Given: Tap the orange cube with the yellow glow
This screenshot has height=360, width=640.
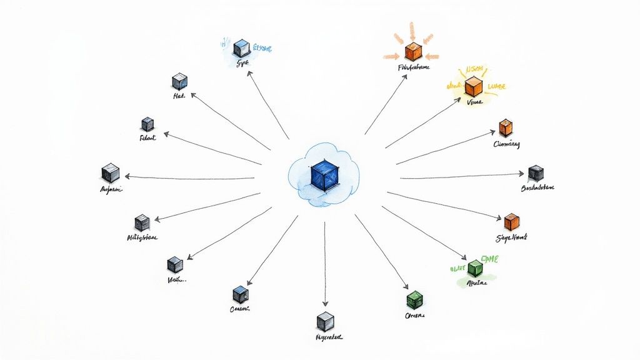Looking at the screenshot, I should (474, 86).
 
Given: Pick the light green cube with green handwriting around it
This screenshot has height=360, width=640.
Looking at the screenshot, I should (475, 267).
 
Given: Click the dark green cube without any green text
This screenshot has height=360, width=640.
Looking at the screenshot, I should (414, 298).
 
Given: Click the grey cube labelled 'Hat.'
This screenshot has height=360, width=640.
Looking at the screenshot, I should (179, 81).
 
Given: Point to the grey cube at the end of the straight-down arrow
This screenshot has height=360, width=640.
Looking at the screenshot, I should (325, 321).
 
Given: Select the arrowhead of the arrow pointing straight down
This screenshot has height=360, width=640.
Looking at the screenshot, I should (325, 304).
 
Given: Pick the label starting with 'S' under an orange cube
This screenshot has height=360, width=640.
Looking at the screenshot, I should (511, 238).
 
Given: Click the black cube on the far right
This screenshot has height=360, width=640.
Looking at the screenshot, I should (536, 172).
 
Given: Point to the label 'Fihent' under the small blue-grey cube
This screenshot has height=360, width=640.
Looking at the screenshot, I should (147, 137).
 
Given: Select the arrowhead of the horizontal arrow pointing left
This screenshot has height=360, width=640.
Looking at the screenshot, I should (127, 177).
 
